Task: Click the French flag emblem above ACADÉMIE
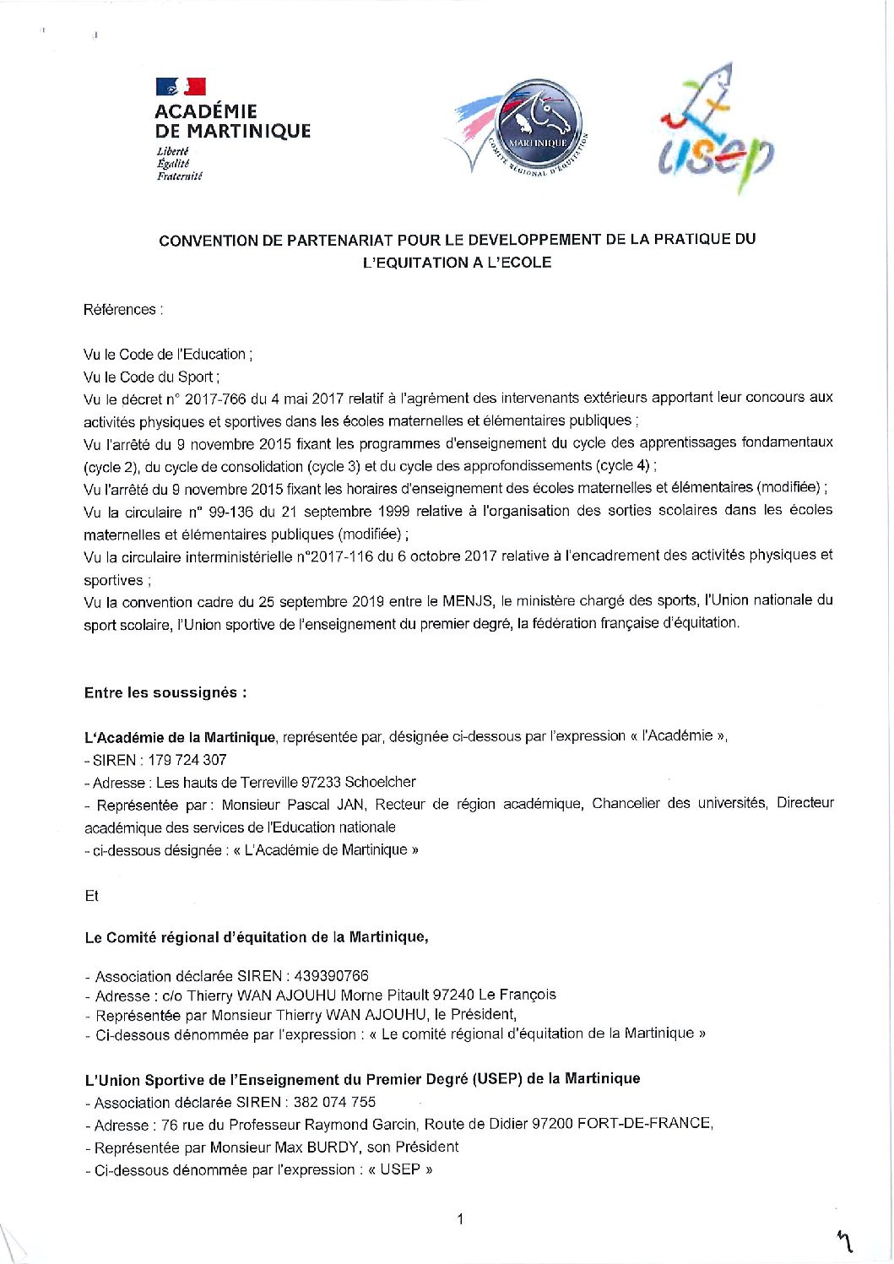(181, 86)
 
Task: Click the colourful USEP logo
(716, 130)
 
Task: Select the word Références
(120, 310)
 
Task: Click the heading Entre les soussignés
(165, 693)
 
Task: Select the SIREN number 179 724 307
(187, 760)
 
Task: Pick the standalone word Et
(91, 896)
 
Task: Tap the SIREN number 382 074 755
(334, 1102)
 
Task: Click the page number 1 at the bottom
(459, 1219)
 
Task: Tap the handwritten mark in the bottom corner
(843, 1240)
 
